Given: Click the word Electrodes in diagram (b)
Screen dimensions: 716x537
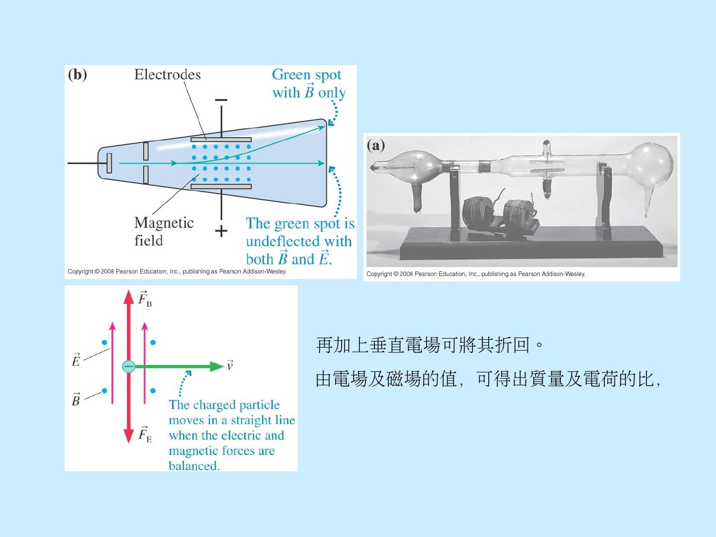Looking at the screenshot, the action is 167,75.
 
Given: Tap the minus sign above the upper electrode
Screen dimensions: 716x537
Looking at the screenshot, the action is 221,100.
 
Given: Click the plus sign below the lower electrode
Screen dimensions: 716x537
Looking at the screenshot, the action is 221,231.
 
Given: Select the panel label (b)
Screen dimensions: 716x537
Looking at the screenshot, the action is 77,75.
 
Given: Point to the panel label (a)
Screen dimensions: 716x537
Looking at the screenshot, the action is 376,145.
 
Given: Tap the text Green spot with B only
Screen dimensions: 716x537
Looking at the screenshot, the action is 308,84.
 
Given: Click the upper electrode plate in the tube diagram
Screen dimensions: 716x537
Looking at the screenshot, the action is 221,140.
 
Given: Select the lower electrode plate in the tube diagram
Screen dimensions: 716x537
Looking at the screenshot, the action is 221,187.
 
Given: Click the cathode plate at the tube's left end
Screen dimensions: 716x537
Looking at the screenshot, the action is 109,163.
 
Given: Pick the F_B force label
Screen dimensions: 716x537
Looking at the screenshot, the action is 145,299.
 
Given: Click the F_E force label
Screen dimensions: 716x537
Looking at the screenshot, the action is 145,435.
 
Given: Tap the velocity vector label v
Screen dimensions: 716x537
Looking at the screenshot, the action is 230,365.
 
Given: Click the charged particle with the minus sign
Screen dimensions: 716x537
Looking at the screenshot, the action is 128,366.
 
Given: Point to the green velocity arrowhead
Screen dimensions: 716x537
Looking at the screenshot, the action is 217,366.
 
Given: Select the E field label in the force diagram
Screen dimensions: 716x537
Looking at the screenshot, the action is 76,360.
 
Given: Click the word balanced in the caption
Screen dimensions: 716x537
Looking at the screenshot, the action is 193,466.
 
